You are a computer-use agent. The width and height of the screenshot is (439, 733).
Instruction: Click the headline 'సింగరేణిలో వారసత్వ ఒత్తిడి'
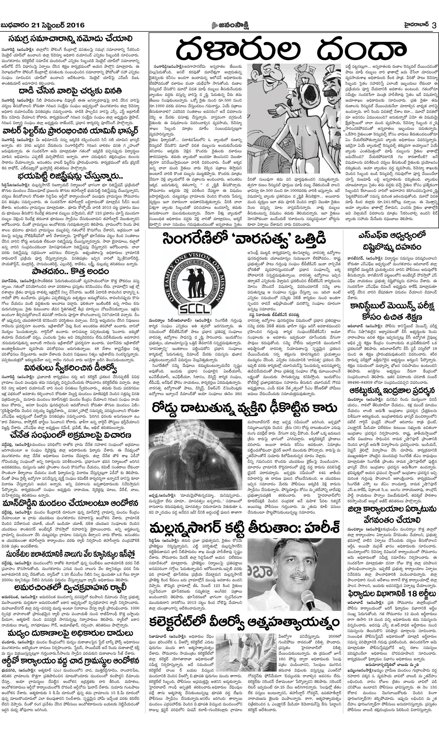[x=244, y=239]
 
